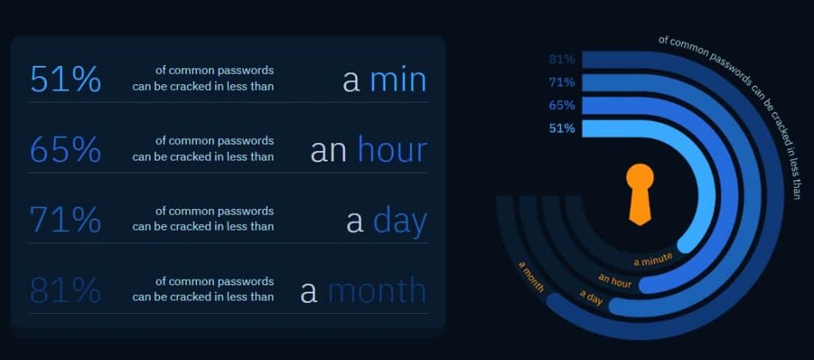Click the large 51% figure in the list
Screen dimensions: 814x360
tap(65, 79)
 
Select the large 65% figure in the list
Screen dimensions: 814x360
tap(65, 149)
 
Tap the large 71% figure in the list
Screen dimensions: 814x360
tap(65, 219)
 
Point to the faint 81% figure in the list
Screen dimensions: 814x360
tap(65, 290)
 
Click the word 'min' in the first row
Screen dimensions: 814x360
tap(397, 80)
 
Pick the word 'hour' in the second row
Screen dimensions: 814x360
tap(392, 149)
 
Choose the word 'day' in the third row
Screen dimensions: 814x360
tap(400, 222)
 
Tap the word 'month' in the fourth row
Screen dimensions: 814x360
tap(377, 290)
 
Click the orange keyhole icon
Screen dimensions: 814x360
tap(640, 194)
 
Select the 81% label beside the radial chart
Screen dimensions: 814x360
tap(562, 60)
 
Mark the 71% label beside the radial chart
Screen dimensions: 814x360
tap(562, 83)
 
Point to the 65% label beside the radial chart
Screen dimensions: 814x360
tap(562, 106)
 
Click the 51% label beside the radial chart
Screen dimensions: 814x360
tap(562, 128)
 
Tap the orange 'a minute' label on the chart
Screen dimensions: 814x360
tap(653, 259)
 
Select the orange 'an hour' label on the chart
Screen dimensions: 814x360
tap(615, 281)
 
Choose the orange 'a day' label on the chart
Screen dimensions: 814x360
tap(591, 298)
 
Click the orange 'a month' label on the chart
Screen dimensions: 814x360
tap(531, 277)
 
